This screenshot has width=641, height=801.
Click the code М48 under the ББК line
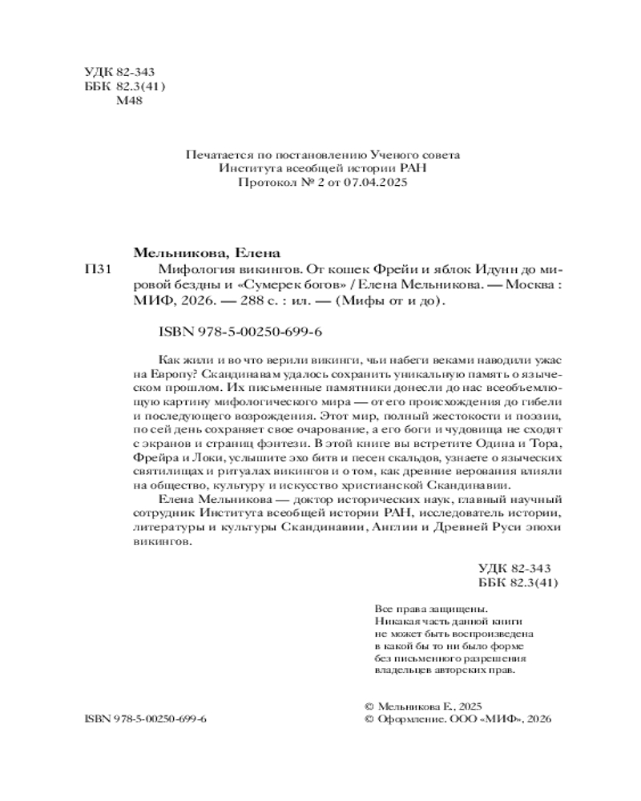click(129, 101)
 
